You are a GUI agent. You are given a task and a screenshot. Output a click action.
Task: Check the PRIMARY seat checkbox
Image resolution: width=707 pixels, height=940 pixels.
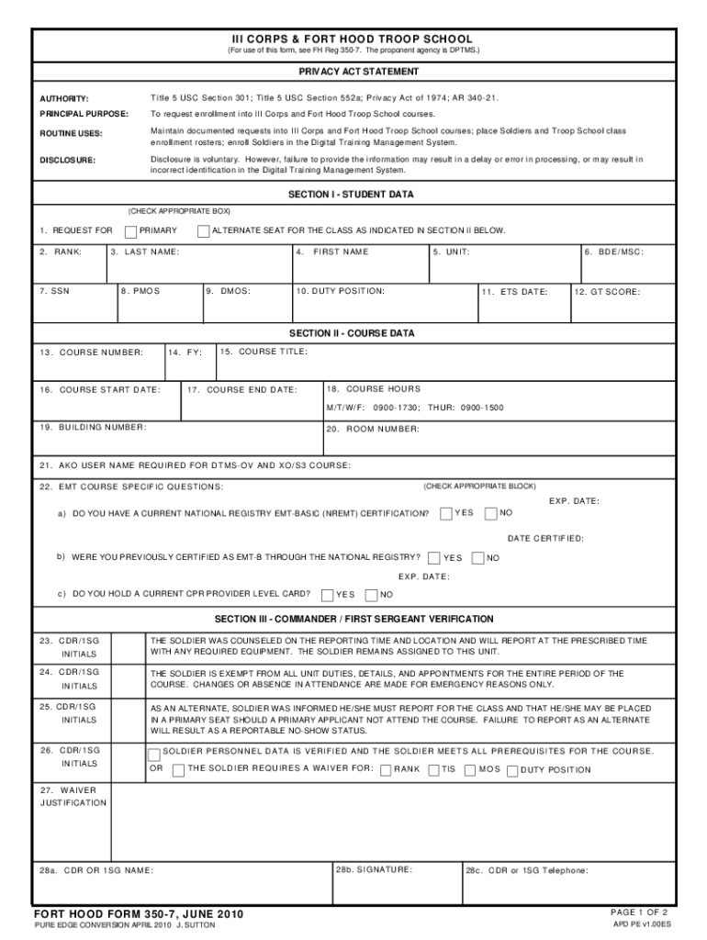tap(131, 230)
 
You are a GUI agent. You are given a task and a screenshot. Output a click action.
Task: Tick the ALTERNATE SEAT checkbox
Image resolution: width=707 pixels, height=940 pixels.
tap(204, 230)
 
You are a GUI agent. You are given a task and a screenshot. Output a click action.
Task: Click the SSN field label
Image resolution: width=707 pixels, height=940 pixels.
tap(54, 291)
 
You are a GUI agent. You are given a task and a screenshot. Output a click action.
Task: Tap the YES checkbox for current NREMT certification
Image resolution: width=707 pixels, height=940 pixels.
tap(446, 512)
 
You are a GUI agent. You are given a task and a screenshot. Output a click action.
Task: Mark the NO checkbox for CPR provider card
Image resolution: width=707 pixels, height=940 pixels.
tap(372, 594)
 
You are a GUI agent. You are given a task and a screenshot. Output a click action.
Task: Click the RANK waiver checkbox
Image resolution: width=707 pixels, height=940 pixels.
tap(386, 769)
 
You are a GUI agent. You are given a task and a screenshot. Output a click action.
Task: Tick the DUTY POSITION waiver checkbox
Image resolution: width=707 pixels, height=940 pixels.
tap(512, 769)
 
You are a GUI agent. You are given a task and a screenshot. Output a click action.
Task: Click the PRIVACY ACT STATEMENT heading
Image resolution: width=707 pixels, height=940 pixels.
tap(358, 72)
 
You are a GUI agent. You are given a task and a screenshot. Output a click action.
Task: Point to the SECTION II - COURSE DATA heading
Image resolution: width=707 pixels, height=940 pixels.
tap(352, 332)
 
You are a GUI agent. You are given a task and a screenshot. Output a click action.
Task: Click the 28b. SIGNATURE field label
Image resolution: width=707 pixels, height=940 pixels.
tap(374, 868)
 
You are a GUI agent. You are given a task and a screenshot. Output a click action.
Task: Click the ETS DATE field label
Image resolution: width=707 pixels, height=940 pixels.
tap(515, 292)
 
